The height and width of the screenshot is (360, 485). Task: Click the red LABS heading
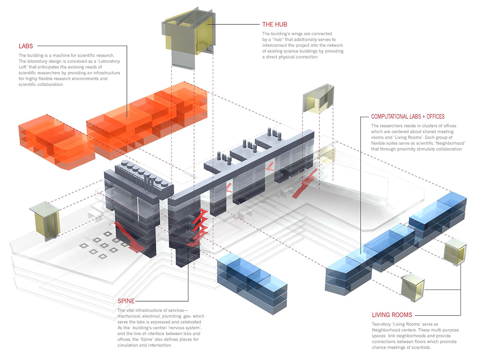26,46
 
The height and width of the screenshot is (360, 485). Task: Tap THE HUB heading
275,24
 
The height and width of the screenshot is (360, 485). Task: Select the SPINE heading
126,301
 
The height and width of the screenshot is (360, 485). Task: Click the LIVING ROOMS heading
392,315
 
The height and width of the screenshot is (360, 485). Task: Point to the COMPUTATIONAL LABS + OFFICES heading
408,117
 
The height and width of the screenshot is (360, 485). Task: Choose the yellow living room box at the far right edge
455,253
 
